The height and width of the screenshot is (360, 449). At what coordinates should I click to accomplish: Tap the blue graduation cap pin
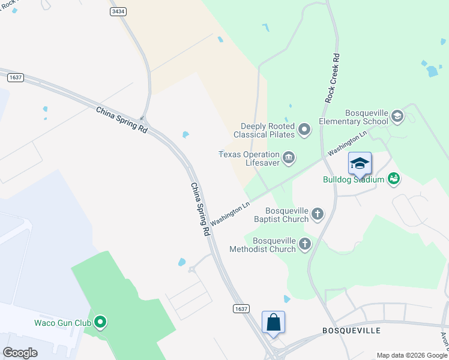click(360, 164)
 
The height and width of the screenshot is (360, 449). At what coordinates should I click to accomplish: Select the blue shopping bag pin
click(273, 322)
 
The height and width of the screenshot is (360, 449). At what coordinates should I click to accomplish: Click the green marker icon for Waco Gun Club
click(101, 323)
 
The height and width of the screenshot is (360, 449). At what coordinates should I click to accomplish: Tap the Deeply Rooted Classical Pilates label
click(267, 130)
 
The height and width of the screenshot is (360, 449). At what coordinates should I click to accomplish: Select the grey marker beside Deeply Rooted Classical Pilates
click(305, 130)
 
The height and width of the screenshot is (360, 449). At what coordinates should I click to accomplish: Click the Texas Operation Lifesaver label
click(249, 158)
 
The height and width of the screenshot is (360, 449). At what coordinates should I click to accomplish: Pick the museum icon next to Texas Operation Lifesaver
click(288, 158)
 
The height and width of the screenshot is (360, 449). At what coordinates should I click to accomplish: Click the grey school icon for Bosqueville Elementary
click(397, 116)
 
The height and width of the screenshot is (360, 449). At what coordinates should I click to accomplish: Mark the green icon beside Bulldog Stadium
click(394, 178)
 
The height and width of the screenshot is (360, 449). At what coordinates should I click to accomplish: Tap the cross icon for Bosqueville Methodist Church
click(305, 244)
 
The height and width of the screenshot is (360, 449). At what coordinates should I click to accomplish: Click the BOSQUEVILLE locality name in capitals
click(351, 331)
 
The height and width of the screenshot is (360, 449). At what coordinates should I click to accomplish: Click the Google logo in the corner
click(20, 353)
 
